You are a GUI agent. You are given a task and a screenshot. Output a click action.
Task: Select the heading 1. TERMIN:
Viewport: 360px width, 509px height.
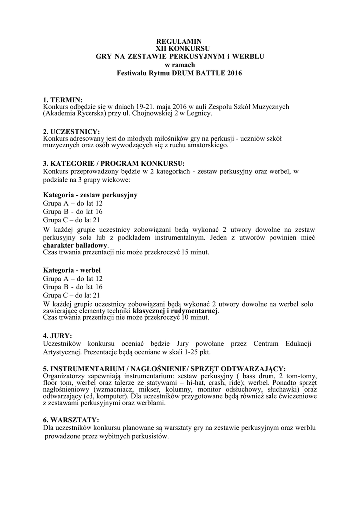[x=63, y=100]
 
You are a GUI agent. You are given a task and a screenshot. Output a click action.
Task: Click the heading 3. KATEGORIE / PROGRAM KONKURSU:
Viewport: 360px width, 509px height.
[x=114, y=163]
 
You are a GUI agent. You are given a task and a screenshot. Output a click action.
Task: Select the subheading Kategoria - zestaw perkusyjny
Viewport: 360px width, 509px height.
[x=90, y=195]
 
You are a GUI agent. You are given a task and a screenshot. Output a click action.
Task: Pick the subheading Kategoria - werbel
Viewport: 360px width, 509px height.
[x=72, y=270]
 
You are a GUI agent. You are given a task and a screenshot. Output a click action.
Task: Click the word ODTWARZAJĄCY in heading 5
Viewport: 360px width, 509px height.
[x=253, y=368]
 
